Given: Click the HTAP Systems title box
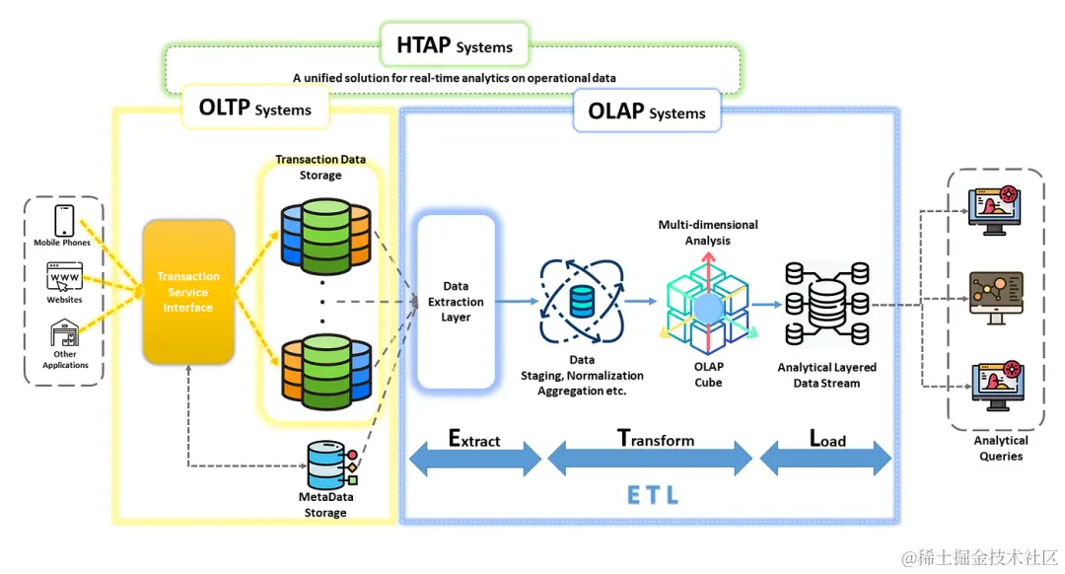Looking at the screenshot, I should point(455,45).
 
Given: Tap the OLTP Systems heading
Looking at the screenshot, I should point(254,108).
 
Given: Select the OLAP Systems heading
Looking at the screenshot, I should point(646,110).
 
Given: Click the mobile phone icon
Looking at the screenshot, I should point(65,219).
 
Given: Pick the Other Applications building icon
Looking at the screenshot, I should point(65,333).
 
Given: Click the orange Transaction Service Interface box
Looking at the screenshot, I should point(188,292).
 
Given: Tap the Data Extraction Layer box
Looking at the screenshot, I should point(456,302).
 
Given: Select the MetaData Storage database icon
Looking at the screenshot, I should point(330,464).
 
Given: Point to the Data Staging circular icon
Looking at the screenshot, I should point(582,301).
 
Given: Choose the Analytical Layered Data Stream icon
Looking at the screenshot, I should point(826,304).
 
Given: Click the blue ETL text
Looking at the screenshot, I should point(653,494).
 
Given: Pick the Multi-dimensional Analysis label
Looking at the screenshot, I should point(708,232).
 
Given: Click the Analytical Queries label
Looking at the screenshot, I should point(1000,449).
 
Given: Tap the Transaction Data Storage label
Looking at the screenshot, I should point(320,168).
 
